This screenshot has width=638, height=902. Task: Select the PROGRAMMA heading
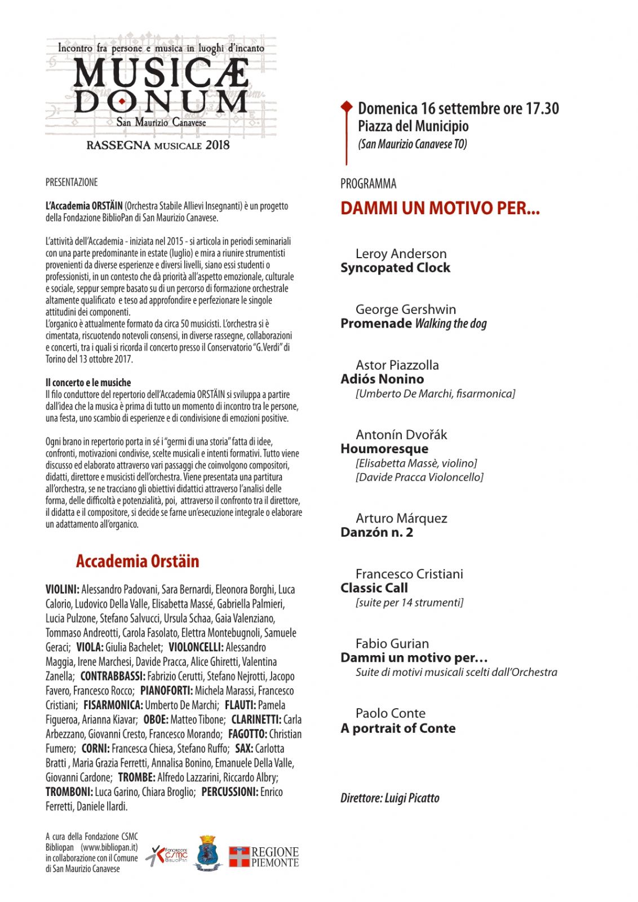click(x=368, y=184)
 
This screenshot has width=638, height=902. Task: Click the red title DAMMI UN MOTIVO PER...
click(x=440, y=209)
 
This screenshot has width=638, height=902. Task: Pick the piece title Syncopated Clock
click(x=395, y=268)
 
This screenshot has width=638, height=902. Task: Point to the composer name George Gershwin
click(x=405, y=309)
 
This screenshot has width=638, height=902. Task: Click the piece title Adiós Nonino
click(x=382, y=379)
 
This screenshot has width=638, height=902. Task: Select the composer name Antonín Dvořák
click(x=401, y=435)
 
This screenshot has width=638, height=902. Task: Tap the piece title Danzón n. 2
click(x=376, y=532)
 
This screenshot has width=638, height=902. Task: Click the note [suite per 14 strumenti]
click(x=409, y=603)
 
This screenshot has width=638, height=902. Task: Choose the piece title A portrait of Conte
click(x=398, y=728)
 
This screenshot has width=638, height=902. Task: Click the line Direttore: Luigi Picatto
click(x=389, y=798)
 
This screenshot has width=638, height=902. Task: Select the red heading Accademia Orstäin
click(x=138, y=561)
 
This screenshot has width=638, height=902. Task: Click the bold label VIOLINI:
click(x=62, y=590)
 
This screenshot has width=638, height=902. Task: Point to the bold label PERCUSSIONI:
click(x=229, y=792)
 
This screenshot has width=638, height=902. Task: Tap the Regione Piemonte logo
click(x=263, y=857)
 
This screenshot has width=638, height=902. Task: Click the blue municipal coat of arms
click(x=208, y=854)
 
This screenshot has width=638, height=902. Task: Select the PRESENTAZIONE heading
click(x=72, y=182)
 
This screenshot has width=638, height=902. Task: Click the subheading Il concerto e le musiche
click(x=88, y=383)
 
